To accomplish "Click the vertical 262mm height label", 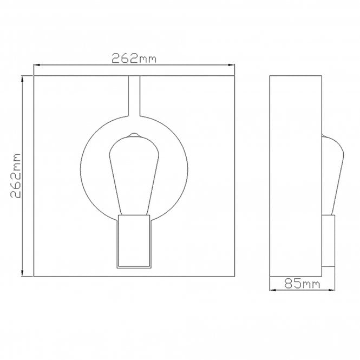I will (x=16, y=176).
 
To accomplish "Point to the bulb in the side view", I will (x=331, y=173).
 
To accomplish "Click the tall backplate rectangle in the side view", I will (x=296, y=176).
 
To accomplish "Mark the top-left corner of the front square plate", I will (x=34, y=76).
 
